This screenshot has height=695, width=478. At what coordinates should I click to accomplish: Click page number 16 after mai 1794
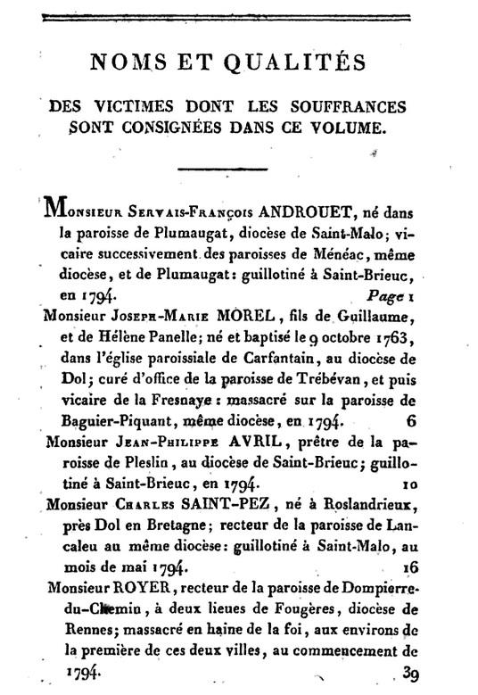tap(409, 566)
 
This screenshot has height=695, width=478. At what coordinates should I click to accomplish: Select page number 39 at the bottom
tap(410, 674)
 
